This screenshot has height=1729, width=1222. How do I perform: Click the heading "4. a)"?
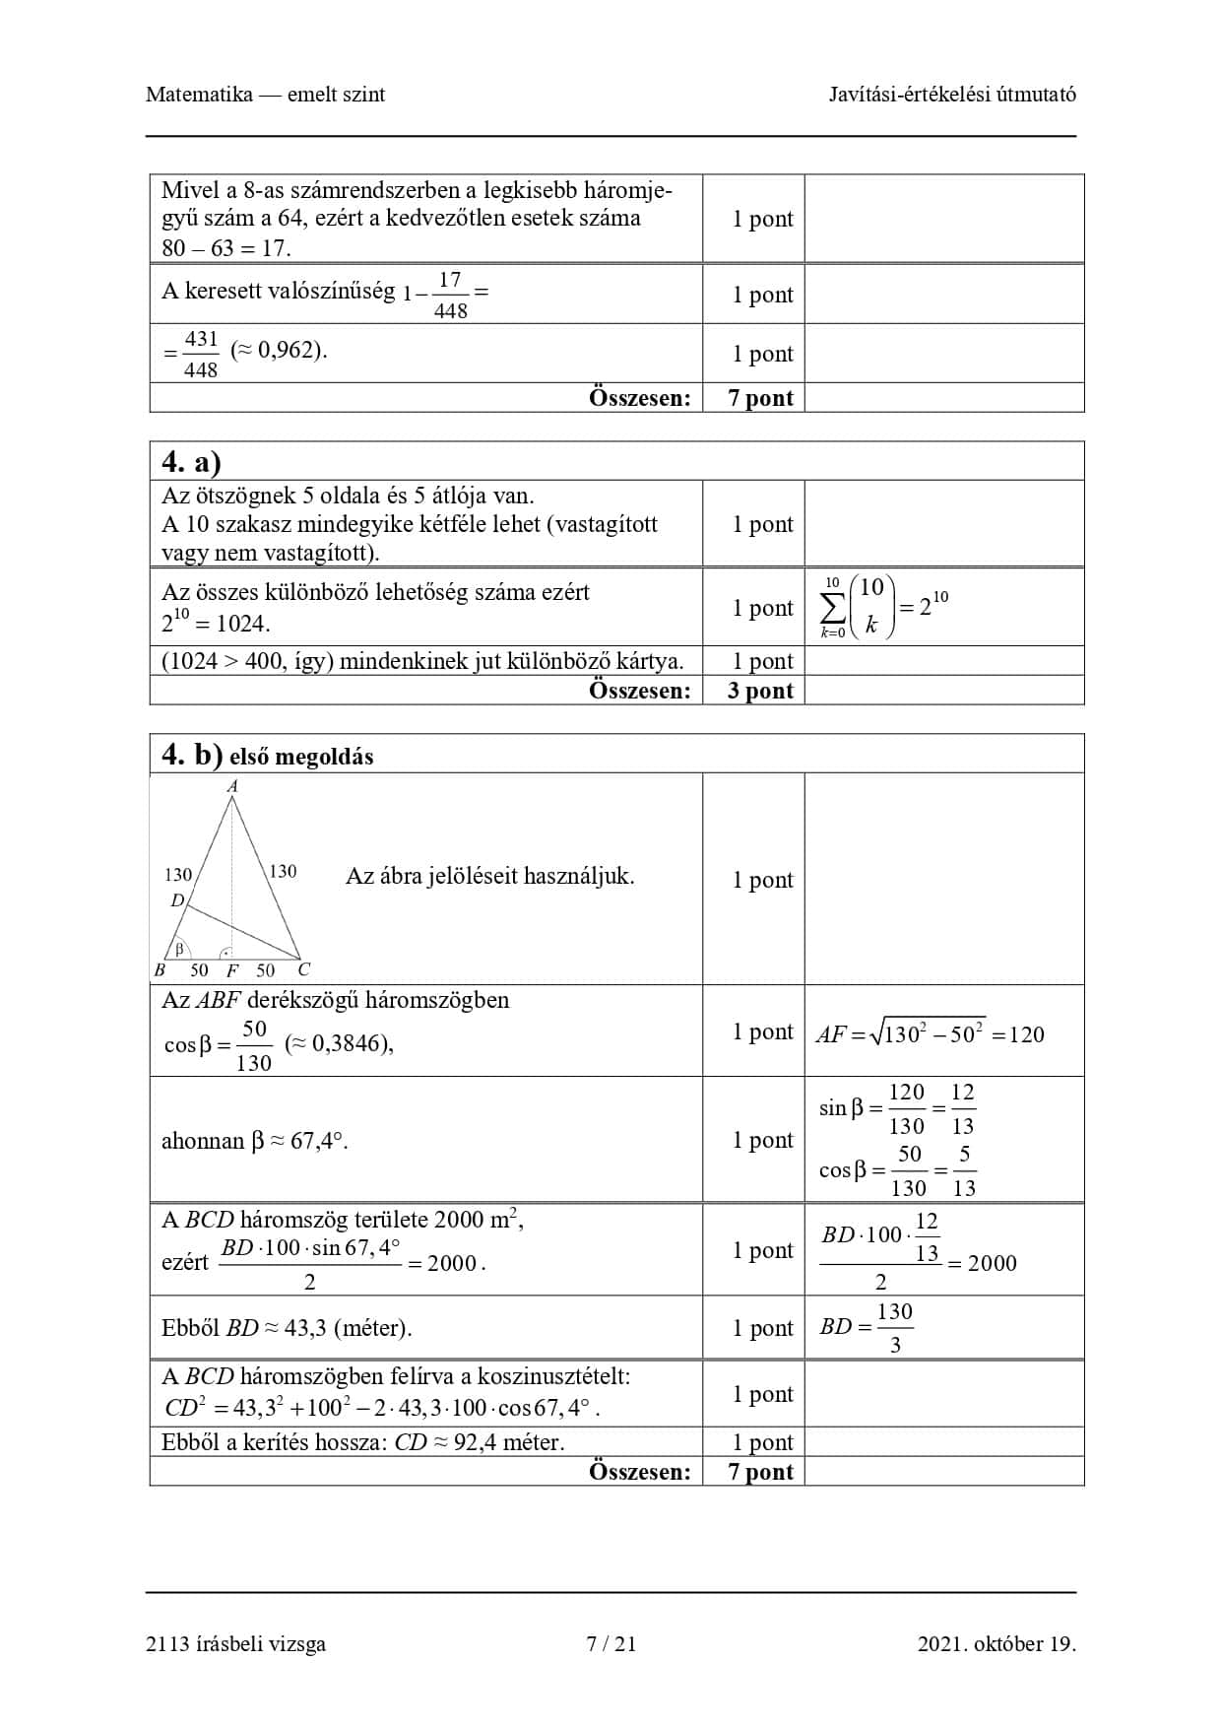pos(191,462)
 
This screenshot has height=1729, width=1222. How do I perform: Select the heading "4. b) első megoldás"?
pos(267,756)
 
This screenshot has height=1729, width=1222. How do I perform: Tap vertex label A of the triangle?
pos(232,786)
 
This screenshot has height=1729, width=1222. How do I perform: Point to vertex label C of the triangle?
pos(304,969)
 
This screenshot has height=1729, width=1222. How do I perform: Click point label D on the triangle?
pos(177,900)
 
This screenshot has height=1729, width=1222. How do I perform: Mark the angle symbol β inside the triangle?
pos(179,950)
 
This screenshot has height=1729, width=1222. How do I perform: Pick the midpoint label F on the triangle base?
pos(232,970)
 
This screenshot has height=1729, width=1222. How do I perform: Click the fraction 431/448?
pos(201,354)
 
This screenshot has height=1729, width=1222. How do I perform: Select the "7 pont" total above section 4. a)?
pos(760,398)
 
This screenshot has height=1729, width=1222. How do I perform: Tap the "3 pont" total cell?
pos(760,691)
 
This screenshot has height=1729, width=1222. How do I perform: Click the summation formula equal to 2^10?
pos(883,607)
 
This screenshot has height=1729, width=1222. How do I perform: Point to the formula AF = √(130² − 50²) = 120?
pos(930,1033)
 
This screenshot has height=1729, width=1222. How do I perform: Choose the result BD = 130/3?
pos(867,1327)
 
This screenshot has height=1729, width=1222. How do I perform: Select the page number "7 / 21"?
pos(611,1643)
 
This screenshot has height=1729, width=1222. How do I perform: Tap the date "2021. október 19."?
pos(997,1643)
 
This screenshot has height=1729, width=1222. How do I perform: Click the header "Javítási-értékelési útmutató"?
pos(951,95)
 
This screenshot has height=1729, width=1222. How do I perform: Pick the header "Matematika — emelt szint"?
pos(265,95)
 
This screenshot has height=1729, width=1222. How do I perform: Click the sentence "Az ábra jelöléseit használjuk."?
pos(489,876)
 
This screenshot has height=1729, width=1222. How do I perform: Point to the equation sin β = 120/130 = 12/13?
pos(896,1108)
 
